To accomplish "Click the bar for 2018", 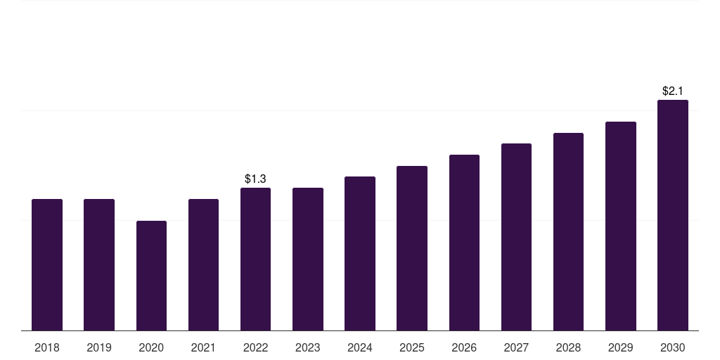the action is coord(47,264).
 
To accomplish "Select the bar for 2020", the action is coord(152,276).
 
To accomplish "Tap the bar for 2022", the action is coord(255,259).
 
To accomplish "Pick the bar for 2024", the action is coord(360,253).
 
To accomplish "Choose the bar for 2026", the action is coord(464,243).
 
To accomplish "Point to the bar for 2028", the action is coord(568,232).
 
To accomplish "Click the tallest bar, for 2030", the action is coord(673,215).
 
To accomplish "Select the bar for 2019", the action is coord(99,264).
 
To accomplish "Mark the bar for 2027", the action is coord(517,237).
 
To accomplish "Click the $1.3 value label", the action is coord(255,179).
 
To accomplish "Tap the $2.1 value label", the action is coord(673,91).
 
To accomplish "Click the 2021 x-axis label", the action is coord(203,347).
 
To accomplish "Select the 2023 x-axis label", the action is coord(308,347).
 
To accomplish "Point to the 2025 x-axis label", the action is coord(412,347).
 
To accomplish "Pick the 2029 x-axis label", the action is coord(621,347).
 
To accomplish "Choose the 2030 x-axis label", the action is coord(673,347).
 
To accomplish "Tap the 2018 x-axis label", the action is coord(47,347).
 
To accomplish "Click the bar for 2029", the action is coord(621,226).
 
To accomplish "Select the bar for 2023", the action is coord(308,259).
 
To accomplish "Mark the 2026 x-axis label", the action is coord(464,347).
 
